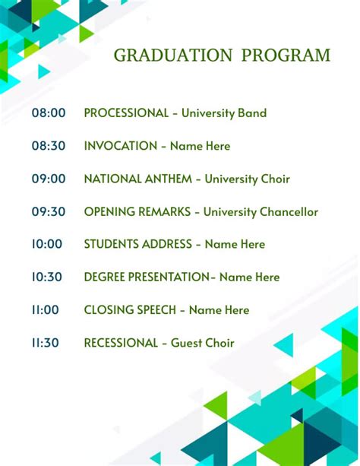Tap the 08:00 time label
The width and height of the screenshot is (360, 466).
coord(49,113)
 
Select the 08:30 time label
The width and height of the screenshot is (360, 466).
coord(49,146)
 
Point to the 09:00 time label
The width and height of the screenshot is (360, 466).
coord(49,179)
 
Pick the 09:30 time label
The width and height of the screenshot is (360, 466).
coord(49,212)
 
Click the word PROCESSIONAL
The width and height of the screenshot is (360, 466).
coord(126,113)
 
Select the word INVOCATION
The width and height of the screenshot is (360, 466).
coord(121,146)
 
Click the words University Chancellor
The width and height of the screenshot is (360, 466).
coord(261,212)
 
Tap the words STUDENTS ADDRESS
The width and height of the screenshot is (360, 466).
coord(137,245)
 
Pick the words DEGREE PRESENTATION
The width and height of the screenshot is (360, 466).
coord(146,277)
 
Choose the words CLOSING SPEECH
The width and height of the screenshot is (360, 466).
coord(130,310)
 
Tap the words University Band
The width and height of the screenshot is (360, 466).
coord(224,113)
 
